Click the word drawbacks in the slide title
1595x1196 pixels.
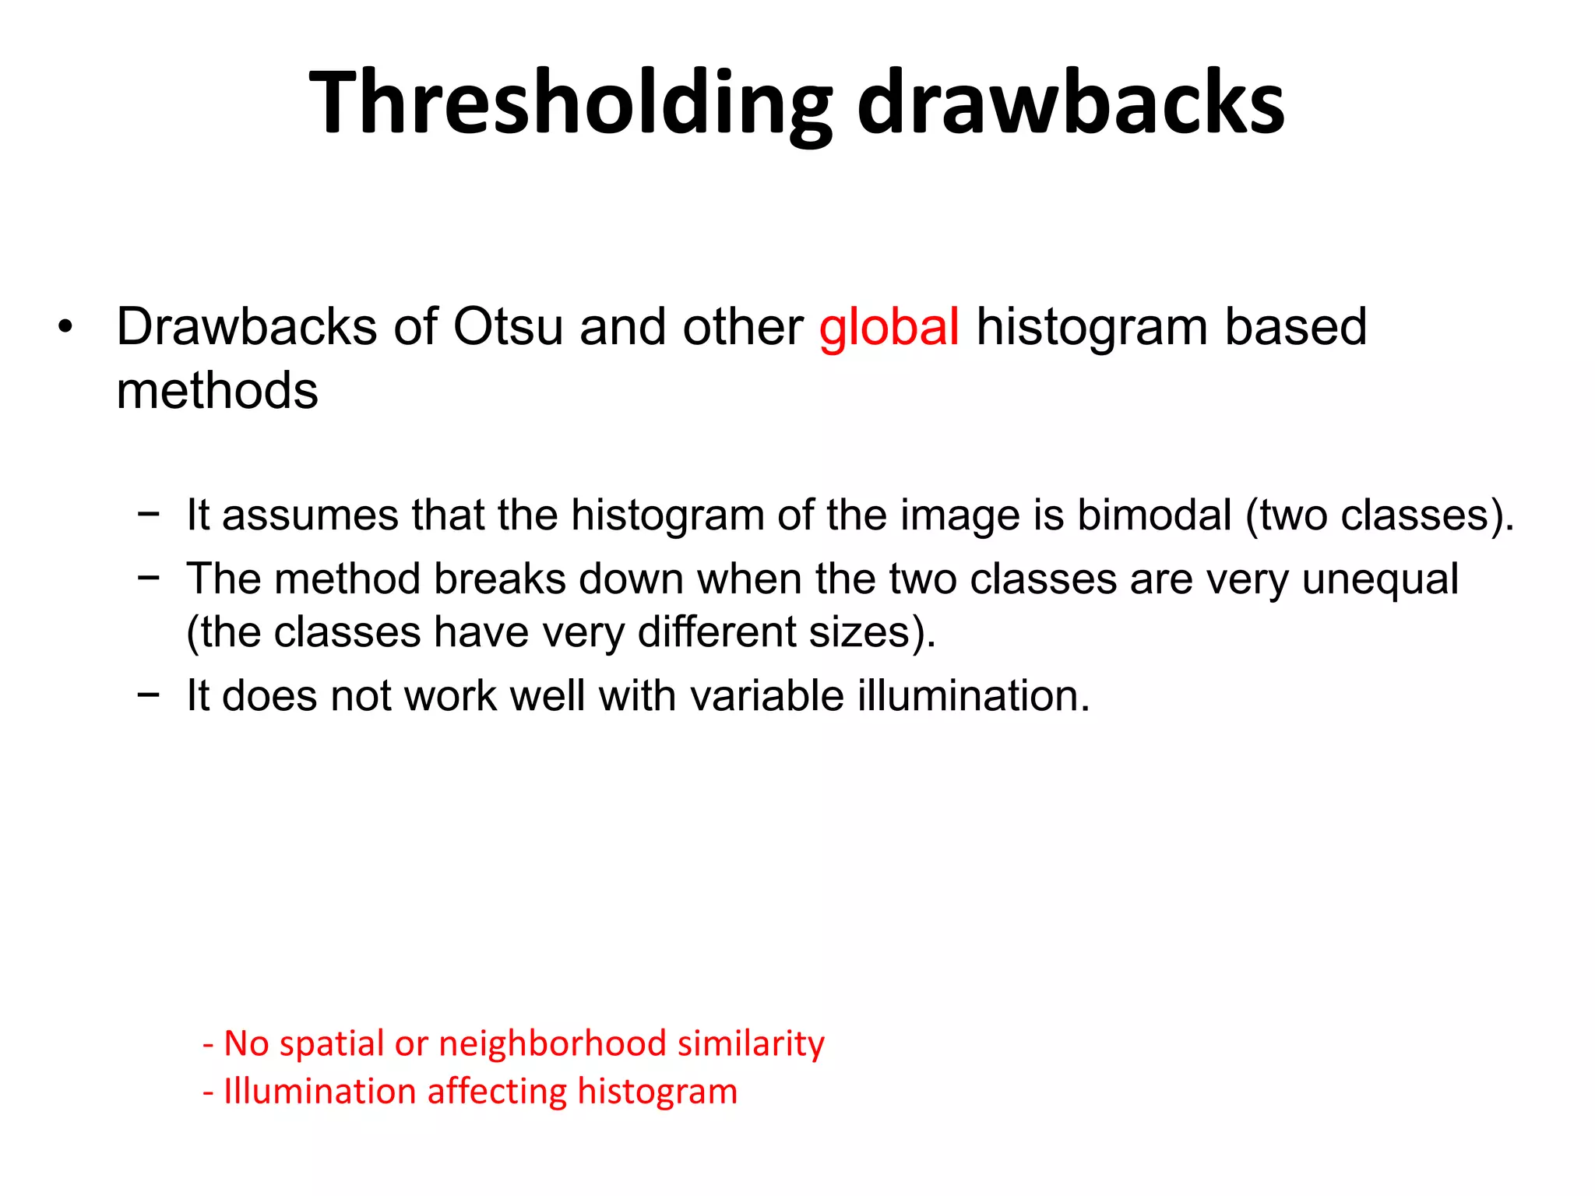pos(1070,104)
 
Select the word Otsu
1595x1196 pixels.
pos(508,326)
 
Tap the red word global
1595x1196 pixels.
pos(889,326)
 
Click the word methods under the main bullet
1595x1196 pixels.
pos(217,390)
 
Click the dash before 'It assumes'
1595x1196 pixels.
pos(148,514)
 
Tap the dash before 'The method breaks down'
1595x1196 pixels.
pos(148,578)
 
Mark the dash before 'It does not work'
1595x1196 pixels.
pos(148,694)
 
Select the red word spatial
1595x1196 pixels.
pos(332,1044)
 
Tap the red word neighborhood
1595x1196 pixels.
pos(552,1043)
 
